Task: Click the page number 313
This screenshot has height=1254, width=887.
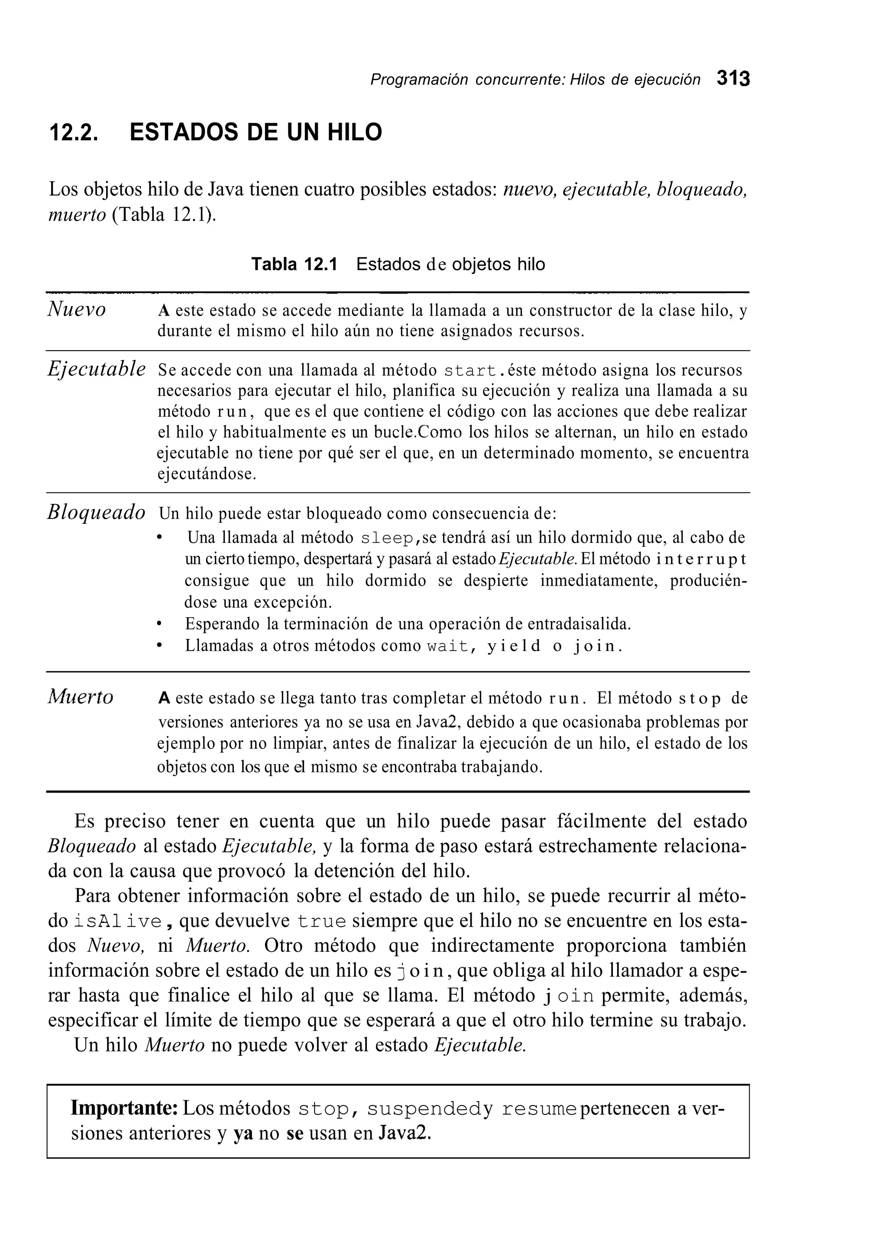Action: pos(733,79)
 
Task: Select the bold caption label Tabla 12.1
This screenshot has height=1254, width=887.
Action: pos(294,264)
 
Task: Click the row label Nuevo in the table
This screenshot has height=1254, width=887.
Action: pos(77,309)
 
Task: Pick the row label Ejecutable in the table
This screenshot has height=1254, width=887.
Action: pos(96,369)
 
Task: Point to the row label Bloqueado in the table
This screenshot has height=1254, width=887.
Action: pos(96,513)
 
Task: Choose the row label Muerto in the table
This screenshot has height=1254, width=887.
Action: pos(80,697)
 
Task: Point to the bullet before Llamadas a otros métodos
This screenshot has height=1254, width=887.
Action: pos(159,645)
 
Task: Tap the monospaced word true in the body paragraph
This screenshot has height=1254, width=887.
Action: pos(322,922)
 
